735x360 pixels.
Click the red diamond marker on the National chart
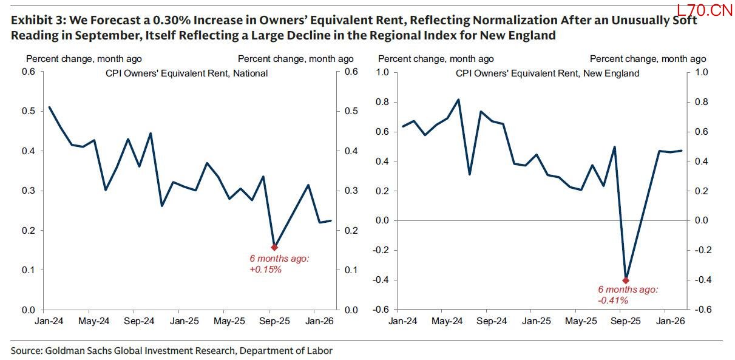point(274,247)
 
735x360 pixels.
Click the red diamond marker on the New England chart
point(626,280)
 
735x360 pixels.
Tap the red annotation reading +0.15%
point(266,269)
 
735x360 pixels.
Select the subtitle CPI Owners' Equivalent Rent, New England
point(547,73)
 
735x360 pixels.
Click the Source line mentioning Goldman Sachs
point(171,350)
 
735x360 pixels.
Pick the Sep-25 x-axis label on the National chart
point(274,320)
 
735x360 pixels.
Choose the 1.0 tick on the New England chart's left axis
point(382,72)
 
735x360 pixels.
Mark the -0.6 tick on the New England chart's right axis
point(700,310)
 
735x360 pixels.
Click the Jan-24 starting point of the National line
point(49,107)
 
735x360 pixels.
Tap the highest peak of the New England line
point(458,100)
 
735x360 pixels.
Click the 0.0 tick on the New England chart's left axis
point(382,220)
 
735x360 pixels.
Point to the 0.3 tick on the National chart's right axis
point(350,191)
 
